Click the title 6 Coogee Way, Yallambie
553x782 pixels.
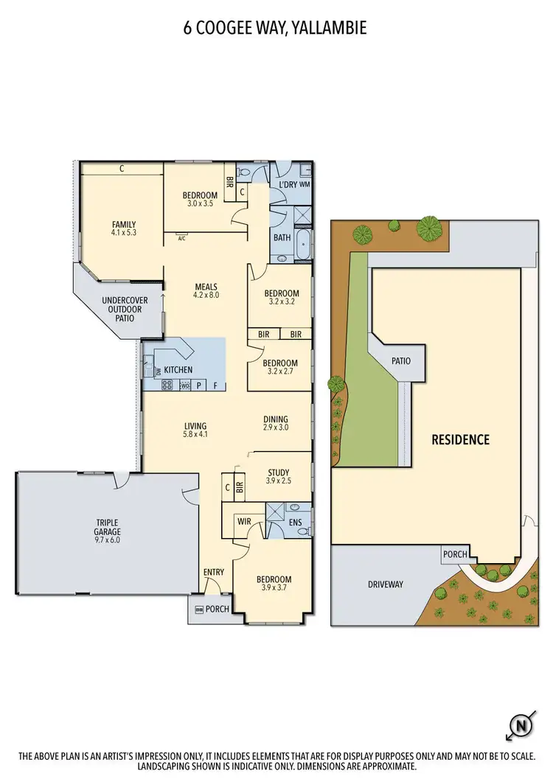(276, 29)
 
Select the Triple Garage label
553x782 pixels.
(107, 526)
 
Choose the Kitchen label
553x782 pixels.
(178, 369)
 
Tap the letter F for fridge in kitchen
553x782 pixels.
(215, 385)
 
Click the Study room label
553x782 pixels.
(279, 472)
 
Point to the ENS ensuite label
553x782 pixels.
(296, 523)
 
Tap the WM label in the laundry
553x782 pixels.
(305, 184)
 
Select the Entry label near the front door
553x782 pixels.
(214, 572)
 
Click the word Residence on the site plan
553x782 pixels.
(460, 440)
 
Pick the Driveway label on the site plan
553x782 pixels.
(386, 584)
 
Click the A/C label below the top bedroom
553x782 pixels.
(181, 238)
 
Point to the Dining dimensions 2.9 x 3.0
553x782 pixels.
(275, 427)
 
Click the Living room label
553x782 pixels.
(195, 425)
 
